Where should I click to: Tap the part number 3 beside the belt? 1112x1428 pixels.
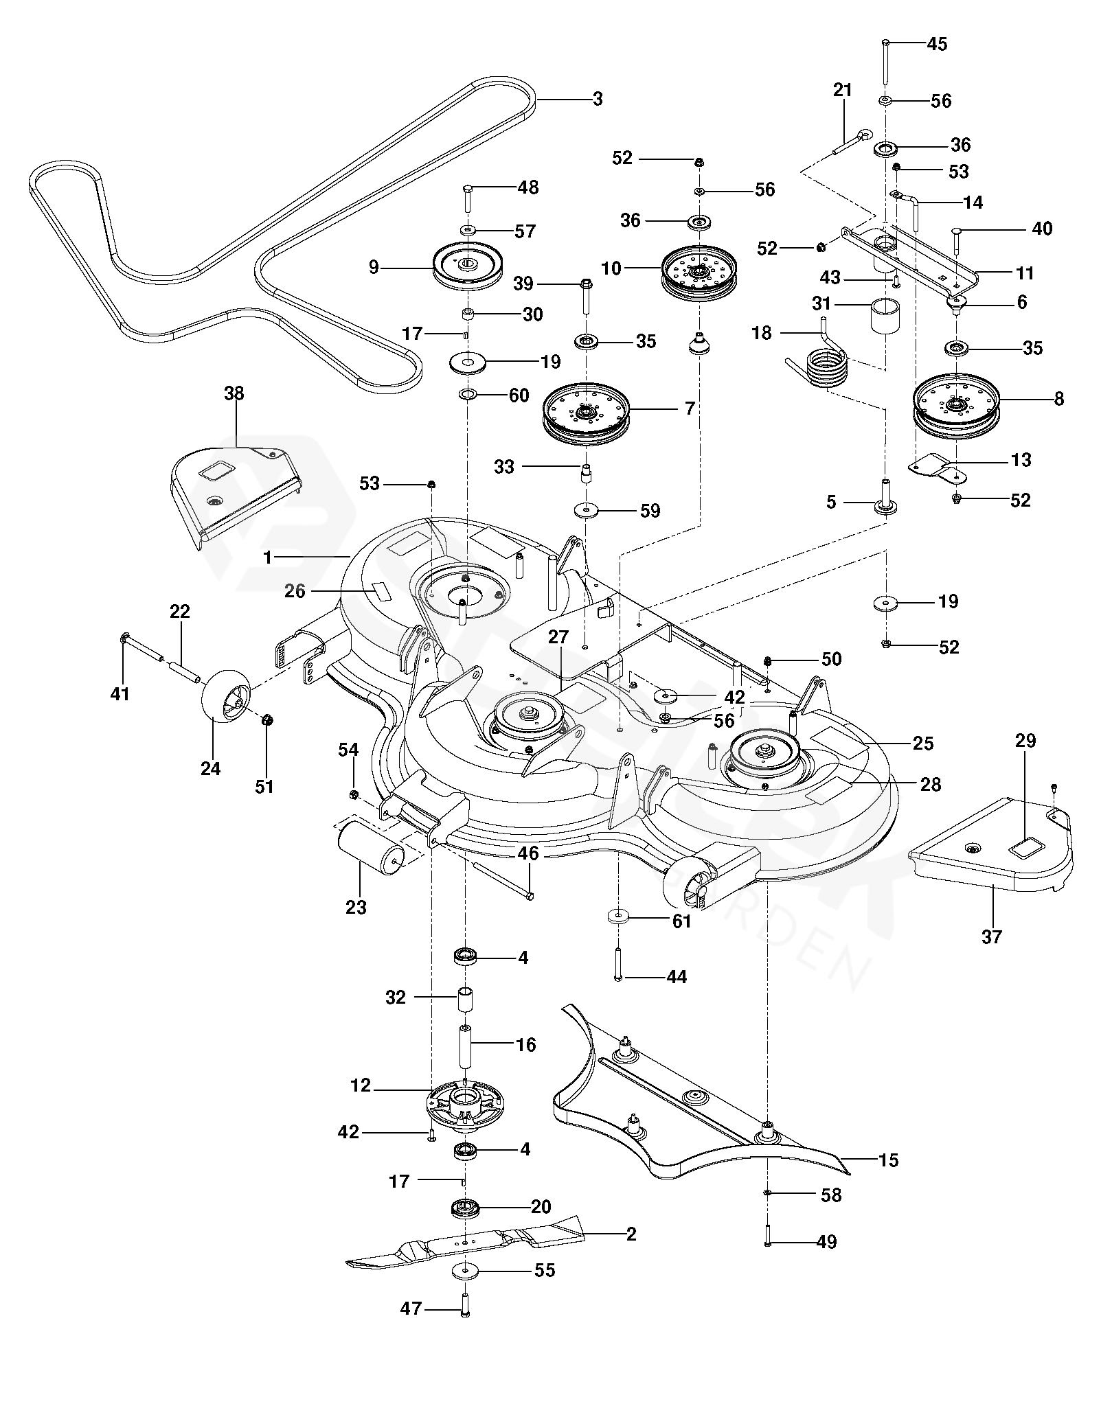[598, 99]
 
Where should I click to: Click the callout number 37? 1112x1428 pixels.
[992, 936]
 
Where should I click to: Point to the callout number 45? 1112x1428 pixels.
[937, 44]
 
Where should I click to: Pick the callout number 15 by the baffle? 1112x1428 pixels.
[888, 1160]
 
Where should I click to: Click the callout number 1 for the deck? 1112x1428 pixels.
[268, 557]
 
